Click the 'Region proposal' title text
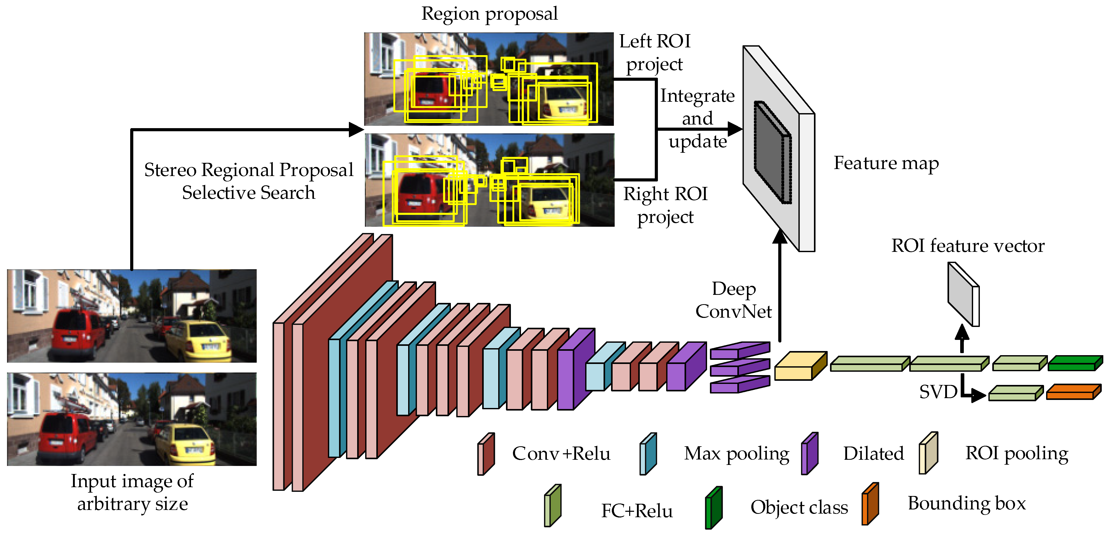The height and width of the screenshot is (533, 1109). point(489,14)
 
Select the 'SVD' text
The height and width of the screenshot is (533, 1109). point(938,392)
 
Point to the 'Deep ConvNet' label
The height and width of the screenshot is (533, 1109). point(733,300)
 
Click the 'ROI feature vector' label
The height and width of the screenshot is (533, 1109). point(967,246)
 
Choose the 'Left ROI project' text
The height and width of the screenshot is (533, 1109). point(654,53)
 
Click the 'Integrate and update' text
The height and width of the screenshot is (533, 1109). point(697,118)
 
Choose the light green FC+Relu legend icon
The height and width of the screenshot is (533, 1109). point(552,506)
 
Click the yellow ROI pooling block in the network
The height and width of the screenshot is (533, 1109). point(800,366)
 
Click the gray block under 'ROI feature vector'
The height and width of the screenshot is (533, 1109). point(964,295)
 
